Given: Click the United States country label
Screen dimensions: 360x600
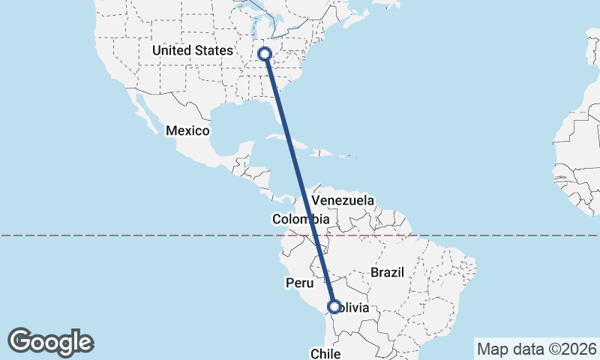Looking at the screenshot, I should [x=192, y=50].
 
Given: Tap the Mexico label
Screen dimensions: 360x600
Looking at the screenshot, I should [x=187, y=130].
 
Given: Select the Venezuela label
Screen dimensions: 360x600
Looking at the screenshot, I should [x=343, y=200].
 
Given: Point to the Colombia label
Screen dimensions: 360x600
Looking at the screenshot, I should [x=301, y=219].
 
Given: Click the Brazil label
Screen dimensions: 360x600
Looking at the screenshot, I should [x=388, y=271].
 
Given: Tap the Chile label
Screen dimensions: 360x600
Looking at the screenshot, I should [x=326, y=352].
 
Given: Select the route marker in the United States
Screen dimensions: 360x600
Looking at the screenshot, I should [x=264, y=53].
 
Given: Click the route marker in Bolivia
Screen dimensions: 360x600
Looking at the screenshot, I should [x=334, y=306].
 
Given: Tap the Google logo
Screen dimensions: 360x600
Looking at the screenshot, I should [x=50, y=342].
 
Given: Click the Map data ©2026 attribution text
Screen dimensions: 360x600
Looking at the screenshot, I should [x=536, y=349].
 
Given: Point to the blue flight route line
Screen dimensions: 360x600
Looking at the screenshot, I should [x=300, y=180].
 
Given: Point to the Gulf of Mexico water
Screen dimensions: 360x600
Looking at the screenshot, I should [x=232, y=124].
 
